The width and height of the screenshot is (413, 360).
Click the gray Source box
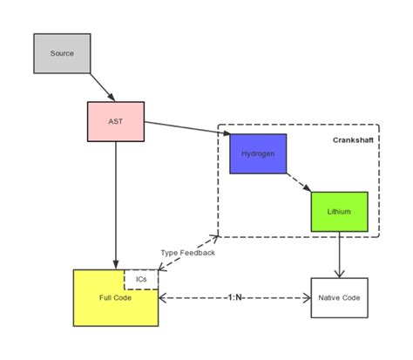click(x=62, y=53)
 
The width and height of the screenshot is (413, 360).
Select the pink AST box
click(x=115, y=121)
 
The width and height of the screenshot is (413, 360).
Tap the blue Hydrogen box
click(x=257, y=153)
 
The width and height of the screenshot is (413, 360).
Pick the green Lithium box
click(x=340, y=211)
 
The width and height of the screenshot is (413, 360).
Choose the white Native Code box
click(x=340, y=298)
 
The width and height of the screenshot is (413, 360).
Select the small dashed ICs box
click(x=141, y=279)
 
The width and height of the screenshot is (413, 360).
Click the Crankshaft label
click(x=353, y=140)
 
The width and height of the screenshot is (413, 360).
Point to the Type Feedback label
click(x=186, y=253)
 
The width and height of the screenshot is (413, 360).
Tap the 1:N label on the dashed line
click(x=234, y=298)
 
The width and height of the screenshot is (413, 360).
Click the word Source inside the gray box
click(x=62, y=53)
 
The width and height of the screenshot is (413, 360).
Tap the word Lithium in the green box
click(x=340, y=211)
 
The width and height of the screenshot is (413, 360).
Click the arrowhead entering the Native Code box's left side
click(x=307, y=298)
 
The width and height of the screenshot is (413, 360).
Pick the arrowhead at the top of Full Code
click(x=115, y=265)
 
